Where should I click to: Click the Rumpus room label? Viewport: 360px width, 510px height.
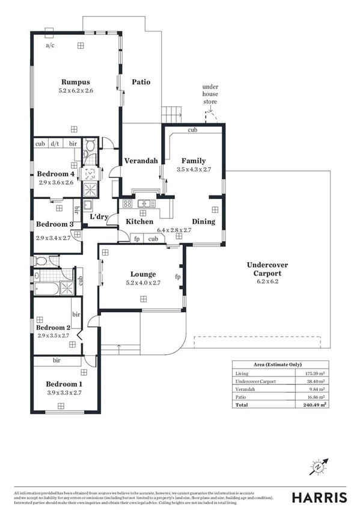click(76, 82)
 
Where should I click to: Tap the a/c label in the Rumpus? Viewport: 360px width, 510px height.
click(50, 45)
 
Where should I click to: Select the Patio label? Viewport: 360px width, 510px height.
click(141, 82)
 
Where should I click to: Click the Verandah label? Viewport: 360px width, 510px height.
click(141, 161)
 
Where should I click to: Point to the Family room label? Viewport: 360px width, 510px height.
click(194, 161)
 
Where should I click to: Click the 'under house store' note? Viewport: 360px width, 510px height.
click(210, 94)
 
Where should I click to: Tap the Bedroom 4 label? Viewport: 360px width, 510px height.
click(55, 174)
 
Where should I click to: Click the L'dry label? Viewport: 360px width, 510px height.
click(99, 217)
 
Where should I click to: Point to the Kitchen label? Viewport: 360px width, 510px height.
click(139, 222)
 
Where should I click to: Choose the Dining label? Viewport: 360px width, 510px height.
click(203, 222)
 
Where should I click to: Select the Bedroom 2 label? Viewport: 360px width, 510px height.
click(53, 327)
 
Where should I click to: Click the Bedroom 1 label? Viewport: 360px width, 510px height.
click(64, 384)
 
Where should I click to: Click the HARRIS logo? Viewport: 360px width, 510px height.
click(319, 497)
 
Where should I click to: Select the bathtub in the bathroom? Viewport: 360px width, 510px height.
click(47, 289)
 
